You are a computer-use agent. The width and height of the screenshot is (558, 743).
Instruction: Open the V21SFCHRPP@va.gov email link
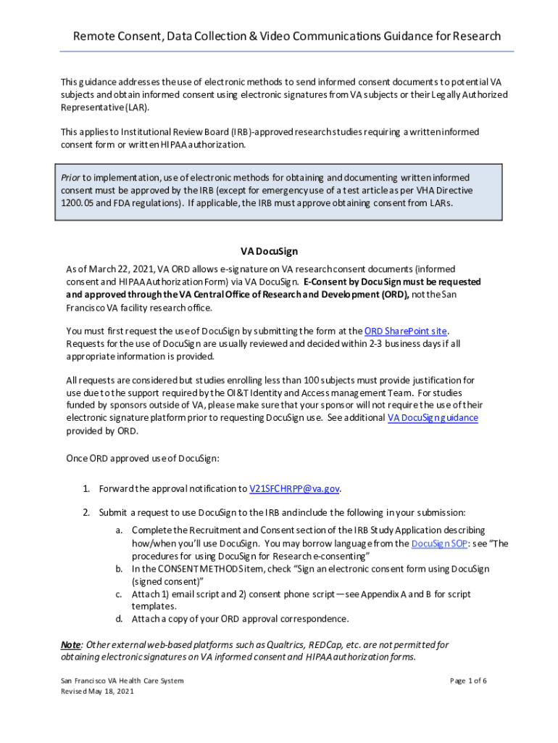click(294, 488)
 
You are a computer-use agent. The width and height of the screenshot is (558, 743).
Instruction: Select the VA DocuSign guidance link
click(433, 418)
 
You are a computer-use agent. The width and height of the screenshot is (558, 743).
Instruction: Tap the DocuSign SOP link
click(438, 543)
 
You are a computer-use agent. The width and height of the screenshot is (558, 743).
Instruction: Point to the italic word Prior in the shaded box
click(70, 178)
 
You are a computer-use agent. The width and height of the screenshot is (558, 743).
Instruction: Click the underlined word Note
click(70, 644)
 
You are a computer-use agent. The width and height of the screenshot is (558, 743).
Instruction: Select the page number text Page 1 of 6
click(468, 681)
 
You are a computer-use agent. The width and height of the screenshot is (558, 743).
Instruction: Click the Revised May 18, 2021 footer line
click(97, 692)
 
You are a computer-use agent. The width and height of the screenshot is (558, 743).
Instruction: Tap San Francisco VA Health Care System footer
click(122, 681)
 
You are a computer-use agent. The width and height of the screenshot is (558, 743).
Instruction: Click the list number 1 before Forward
click(86, 488)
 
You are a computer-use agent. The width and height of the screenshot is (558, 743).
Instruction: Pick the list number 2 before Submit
click(86, 512)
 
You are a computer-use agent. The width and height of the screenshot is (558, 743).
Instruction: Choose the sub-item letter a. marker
click(119, 530)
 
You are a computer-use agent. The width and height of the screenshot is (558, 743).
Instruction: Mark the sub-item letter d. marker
click(119, 619)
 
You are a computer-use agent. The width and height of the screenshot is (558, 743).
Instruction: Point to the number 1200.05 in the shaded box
click(75, 203)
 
